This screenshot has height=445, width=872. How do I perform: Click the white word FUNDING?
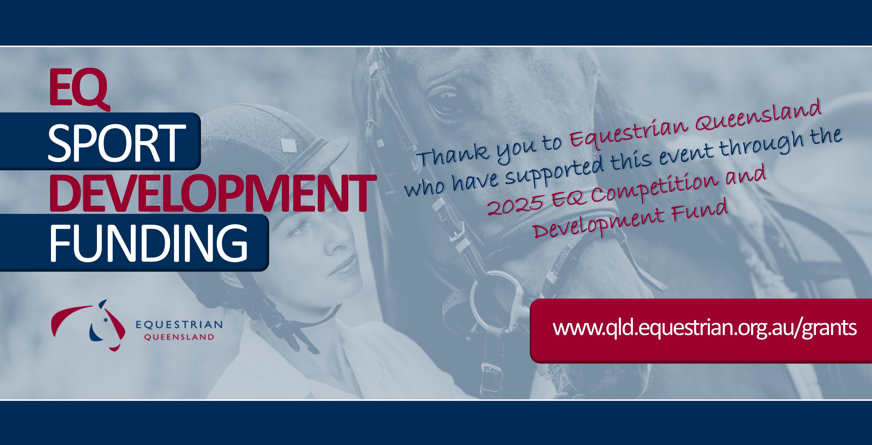tap(149, 243)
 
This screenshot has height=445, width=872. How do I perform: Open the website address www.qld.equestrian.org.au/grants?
tap(705, 328)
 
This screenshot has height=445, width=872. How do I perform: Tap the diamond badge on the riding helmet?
tap(288, 146)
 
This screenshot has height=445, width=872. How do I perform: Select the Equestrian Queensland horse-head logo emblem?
tap(89, 325)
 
